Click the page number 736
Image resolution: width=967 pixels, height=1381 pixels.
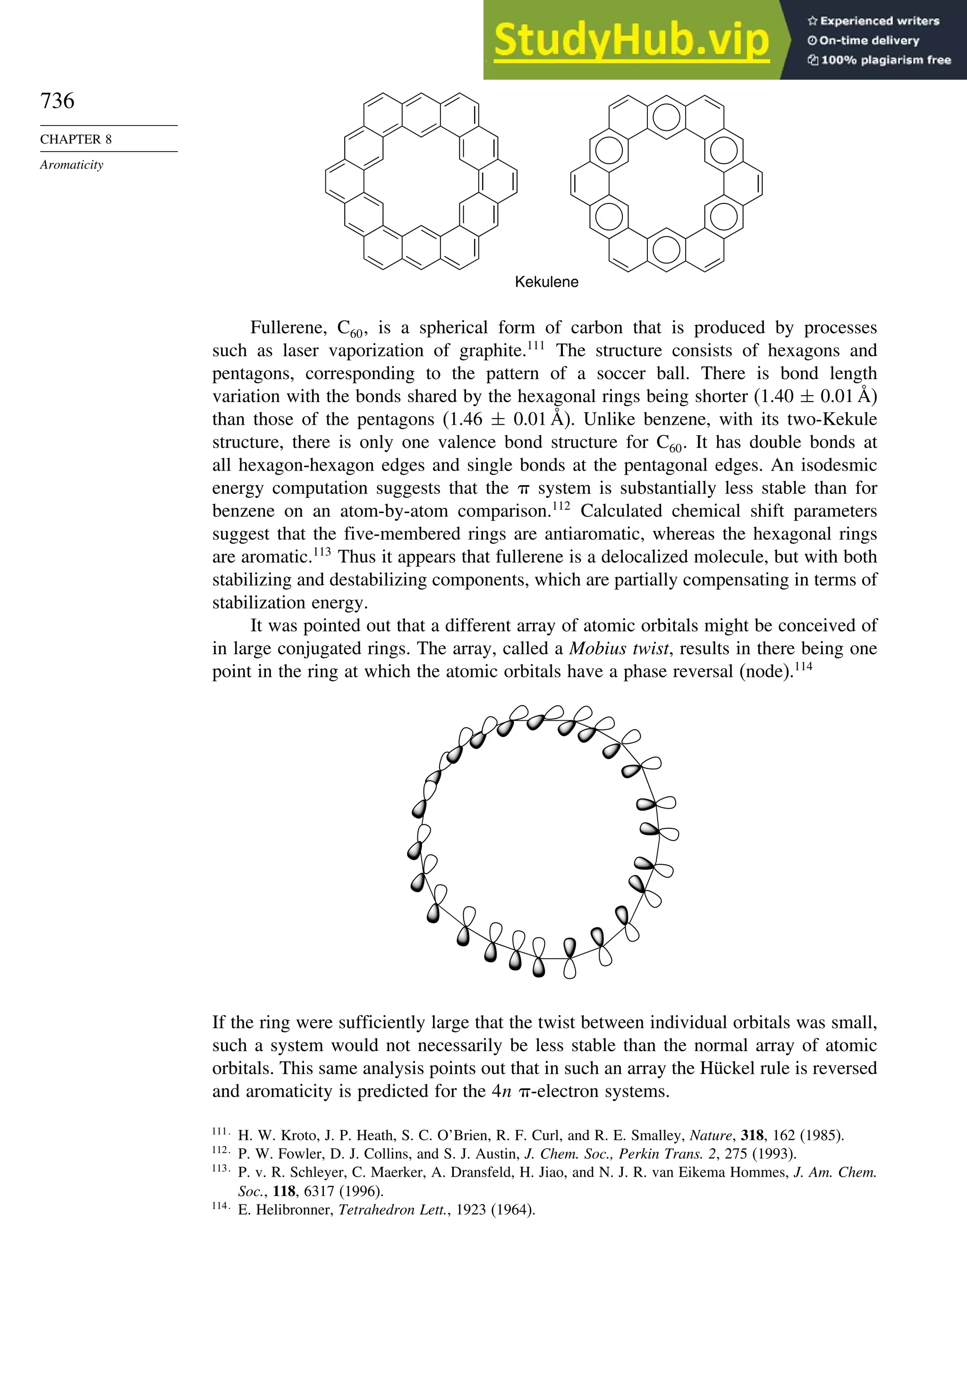tap(57, 101)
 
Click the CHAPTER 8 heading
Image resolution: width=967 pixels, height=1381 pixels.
tap(76, 140)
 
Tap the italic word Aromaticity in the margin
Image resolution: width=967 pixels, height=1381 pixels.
tap(72, 165)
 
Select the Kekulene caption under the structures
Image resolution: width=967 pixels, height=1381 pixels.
tap(546, 282)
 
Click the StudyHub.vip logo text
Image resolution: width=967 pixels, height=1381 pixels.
tap(631, 39)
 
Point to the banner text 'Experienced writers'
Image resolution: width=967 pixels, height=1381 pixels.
tap(879, 21)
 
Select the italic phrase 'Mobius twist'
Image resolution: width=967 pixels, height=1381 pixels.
tap(619, 648)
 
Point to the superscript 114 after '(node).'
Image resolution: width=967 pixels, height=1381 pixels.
tap(803, 667)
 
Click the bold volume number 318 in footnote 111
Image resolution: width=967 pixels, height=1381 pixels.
tap(753, 1136)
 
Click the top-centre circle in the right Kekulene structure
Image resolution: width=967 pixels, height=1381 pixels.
tap(666, 118)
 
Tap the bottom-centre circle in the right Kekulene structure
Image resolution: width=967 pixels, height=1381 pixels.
tap(666, 250)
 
